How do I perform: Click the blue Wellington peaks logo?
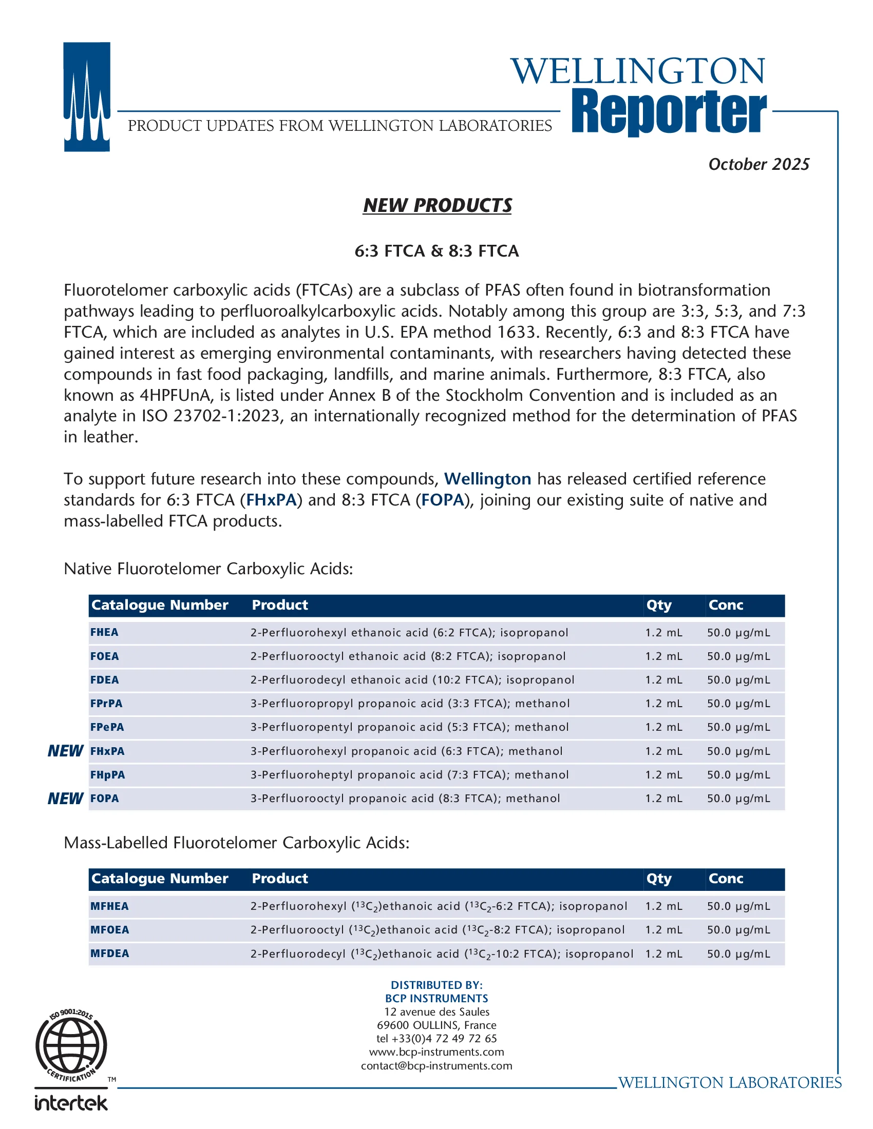(87, 96)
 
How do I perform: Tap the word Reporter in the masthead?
(669, 112)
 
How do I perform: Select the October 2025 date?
(758, 164)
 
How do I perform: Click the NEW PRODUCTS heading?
(437, 205)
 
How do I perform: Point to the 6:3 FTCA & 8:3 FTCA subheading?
(436, 251)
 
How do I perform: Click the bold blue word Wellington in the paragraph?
(487, 479)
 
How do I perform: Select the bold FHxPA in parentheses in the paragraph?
(271, 500)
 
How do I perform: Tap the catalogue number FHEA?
(104, 632)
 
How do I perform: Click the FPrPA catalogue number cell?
(106, 704)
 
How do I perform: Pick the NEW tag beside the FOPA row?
(65, 799)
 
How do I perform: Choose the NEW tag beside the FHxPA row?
(65, 751)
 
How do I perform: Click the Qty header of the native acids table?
(659, 606)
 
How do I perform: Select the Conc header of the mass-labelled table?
(726, 879)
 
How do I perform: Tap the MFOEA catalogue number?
(110, 930)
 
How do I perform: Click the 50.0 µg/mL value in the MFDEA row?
(738, 954)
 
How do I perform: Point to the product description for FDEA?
(412, 680)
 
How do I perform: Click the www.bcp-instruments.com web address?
(436, 1052)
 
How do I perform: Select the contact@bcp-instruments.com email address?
(436, 1065)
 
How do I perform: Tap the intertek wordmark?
(71, 1103)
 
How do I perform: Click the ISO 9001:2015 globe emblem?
(71, 1045)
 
